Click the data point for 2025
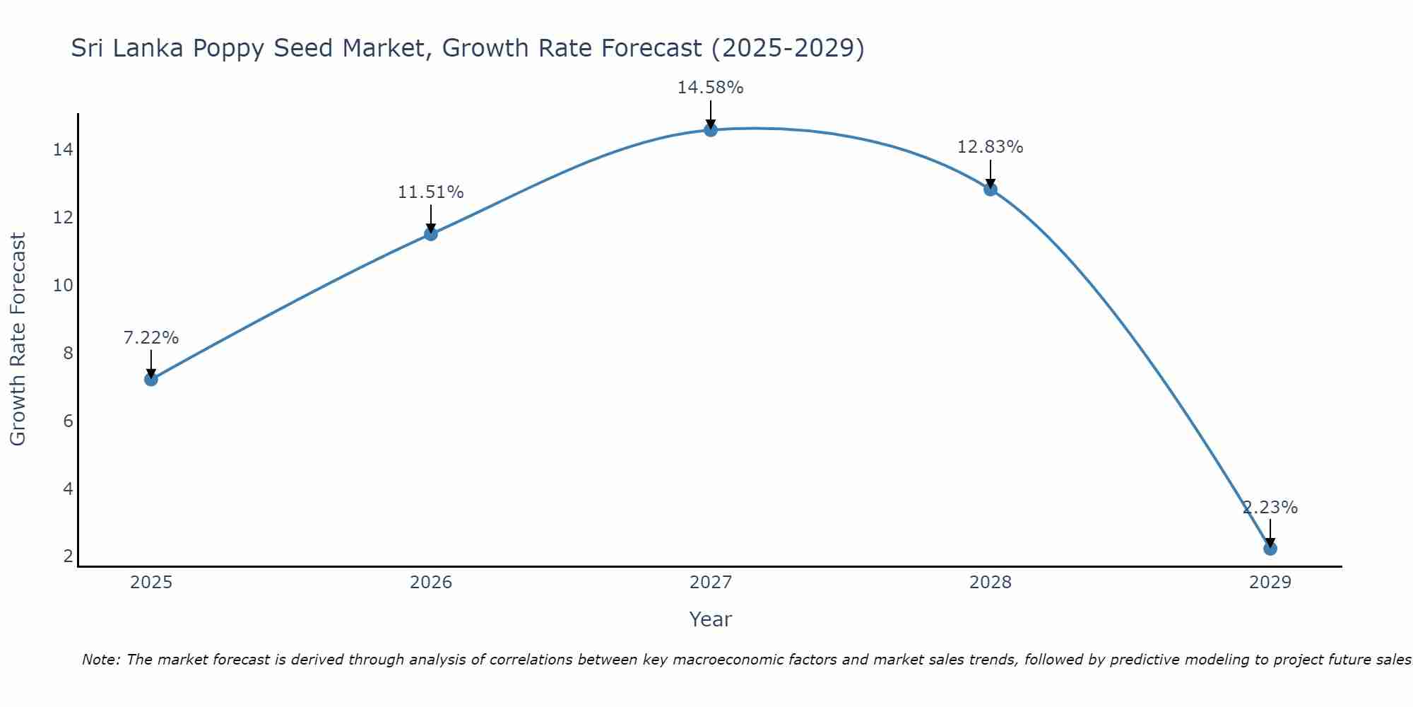150,379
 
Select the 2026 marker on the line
430,234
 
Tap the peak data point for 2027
710,129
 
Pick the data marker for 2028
990,189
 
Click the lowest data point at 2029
1270,548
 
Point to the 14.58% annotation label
710,88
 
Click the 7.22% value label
150,338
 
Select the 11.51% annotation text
430,192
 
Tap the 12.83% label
990,147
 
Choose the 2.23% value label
1270,508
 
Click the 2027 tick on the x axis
710,583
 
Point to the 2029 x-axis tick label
1270,583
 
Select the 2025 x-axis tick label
151,583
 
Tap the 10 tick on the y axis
63,286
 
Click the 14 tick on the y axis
63,150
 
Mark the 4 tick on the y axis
68,489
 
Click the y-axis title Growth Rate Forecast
18,339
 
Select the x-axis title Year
710,619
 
